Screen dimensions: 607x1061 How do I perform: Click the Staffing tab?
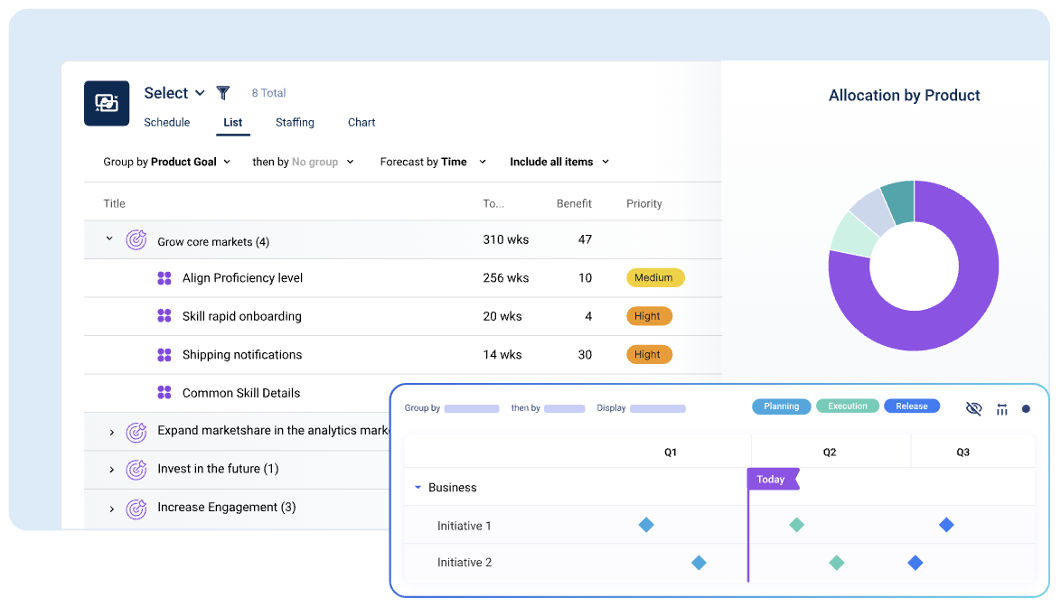coord(295,122)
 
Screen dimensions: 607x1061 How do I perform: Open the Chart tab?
coord(361,122)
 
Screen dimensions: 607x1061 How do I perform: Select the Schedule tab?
coord(167,122)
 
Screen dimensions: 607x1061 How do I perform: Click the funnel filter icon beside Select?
coord(223,93)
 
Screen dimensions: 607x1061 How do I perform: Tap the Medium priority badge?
coord(654,278)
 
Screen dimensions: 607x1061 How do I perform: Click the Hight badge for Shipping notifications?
coord(648,355)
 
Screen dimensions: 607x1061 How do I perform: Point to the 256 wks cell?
coord(506,278)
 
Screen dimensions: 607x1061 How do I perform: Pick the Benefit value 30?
coord(585,355)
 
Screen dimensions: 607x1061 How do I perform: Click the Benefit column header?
coord(574,204)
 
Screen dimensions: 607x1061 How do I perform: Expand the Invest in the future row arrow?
coord(112,470)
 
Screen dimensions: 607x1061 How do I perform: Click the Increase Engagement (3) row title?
coord(226,508)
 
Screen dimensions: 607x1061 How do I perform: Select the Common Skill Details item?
coord(241,393)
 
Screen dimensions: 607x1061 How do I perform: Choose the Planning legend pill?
coord(782,406)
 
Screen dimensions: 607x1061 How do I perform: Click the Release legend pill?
coord(912,406)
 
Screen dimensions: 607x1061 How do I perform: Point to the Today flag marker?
coord(772,480)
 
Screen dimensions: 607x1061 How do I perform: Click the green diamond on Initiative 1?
coord(796,525)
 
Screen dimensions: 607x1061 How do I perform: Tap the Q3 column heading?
coord(963,453)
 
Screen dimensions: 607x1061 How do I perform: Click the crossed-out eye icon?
coord(973,408)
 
